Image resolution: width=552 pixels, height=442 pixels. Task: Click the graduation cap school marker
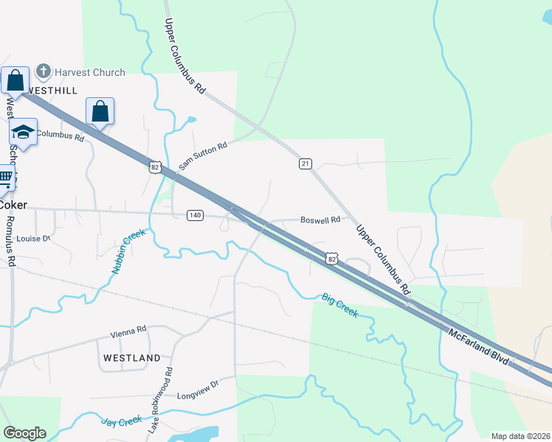(24, 132)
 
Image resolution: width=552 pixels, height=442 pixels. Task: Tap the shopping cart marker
(5, 178)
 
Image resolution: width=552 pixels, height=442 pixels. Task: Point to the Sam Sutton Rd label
(201, 155)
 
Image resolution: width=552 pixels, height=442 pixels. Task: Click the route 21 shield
(304, 163)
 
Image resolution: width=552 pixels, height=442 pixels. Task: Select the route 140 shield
(194, 215)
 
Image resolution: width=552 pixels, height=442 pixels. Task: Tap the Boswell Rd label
(320, 220)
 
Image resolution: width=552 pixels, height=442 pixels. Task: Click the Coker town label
(13, 205)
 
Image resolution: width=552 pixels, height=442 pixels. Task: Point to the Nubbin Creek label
(129, 251)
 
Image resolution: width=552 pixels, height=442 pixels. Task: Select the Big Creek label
(339, 305)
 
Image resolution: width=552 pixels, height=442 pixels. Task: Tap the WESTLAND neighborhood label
(131, 358)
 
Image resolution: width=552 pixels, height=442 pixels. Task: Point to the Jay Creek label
(121, 421)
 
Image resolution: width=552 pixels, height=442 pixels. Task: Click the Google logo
(24, 433)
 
